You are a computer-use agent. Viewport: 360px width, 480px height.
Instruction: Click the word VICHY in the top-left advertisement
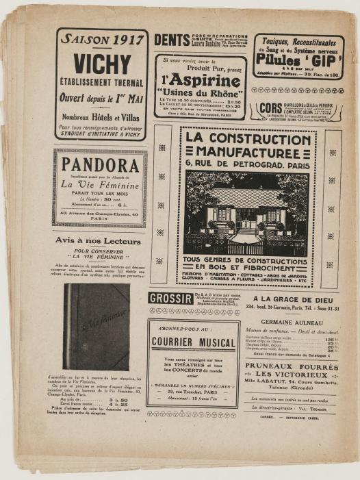[101, 64]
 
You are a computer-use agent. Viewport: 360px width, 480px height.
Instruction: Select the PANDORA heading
[100, 165]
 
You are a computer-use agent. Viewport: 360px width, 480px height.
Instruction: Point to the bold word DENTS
[171, 40]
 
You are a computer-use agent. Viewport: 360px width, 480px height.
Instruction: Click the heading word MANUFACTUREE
[248, 153]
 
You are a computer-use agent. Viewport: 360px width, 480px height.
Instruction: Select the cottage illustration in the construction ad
[246, 212]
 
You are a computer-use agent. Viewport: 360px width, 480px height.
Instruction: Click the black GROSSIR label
[170, 299]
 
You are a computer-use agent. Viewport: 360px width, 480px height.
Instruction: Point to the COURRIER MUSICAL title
[193, 342]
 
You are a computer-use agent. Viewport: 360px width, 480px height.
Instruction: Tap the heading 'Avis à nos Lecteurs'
[99, 241]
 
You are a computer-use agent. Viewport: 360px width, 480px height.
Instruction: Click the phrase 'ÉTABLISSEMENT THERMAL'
[101, 85]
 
